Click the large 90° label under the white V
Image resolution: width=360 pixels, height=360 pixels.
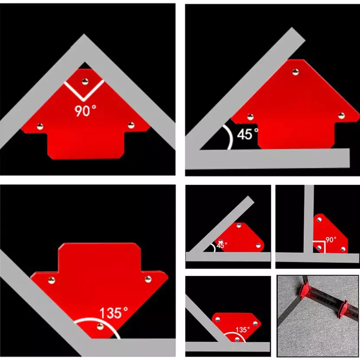click(x=85, y=111)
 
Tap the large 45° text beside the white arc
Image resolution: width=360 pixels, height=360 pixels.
click(x=247, y=134)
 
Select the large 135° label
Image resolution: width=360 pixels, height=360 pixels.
click(x=114, y=313)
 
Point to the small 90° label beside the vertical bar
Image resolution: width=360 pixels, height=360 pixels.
click(x=331, y=240)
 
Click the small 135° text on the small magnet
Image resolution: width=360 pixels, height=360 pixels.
click(x=243, y=330)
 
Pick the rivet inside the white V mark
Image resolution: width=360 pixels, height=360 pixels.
click(x=85, y=81)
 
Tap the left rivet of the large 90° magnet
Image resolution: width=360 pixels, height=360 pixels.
click(x=40, y=126)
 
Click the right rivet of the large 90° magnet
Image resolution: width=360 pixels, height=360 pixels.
click(x=131, y=125)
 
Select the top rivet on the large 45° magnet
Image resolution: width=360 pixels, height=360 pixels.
click(x=296, y=72)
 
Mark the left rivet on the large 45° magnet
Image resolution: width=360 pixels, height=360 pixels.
click(x=250, y=117)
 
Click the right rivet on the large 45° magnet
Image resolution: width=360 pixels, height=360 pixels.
click(x=341, y=116)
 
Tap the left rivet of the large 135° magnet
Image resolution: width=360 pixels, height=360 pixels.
click(x=51, y=280)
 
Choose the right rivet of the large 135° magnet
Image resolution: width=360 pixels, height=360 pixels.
click(x=148, y=279)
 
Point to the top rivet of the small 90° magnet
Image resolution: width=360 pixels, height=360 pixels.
click(x=319, y=220)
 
